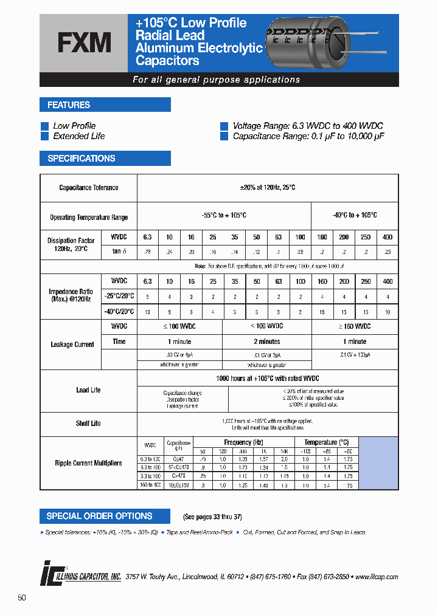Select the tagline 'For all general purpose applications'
tap(216, 80)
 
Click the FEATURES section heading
tap(69, 105)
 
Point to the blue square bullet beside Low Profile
tap(44, 126)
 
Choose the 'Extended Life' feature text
tap(79, 136)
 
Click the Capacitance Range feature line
tap(308, 136)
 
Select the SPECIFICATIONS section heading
tap(82, 159)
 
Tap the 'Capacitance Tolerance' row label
tap(89, 188)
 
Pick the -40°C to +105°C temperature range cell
tap(355, 216)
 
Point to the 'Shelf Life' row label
tap(89, 424)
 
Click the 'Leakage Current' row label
tap(72, 345)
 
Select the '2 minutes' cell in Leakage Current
tap(266, 342)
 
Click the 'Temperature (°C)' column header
tap(326, 442)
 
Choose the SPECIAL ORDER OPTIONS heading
tap(100, 516)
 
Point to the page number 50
tap(22, 598)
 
